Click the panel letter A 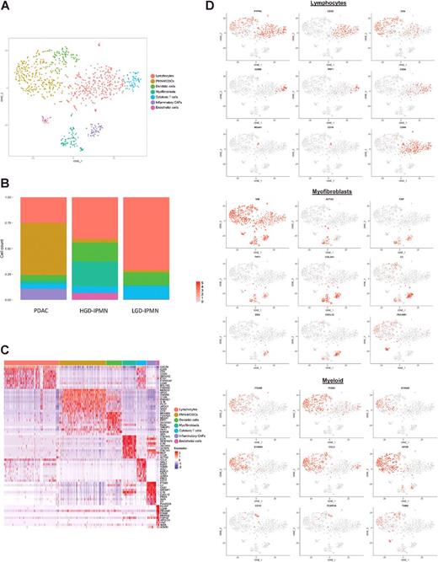pyautogui.click(x=6, y=6)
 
